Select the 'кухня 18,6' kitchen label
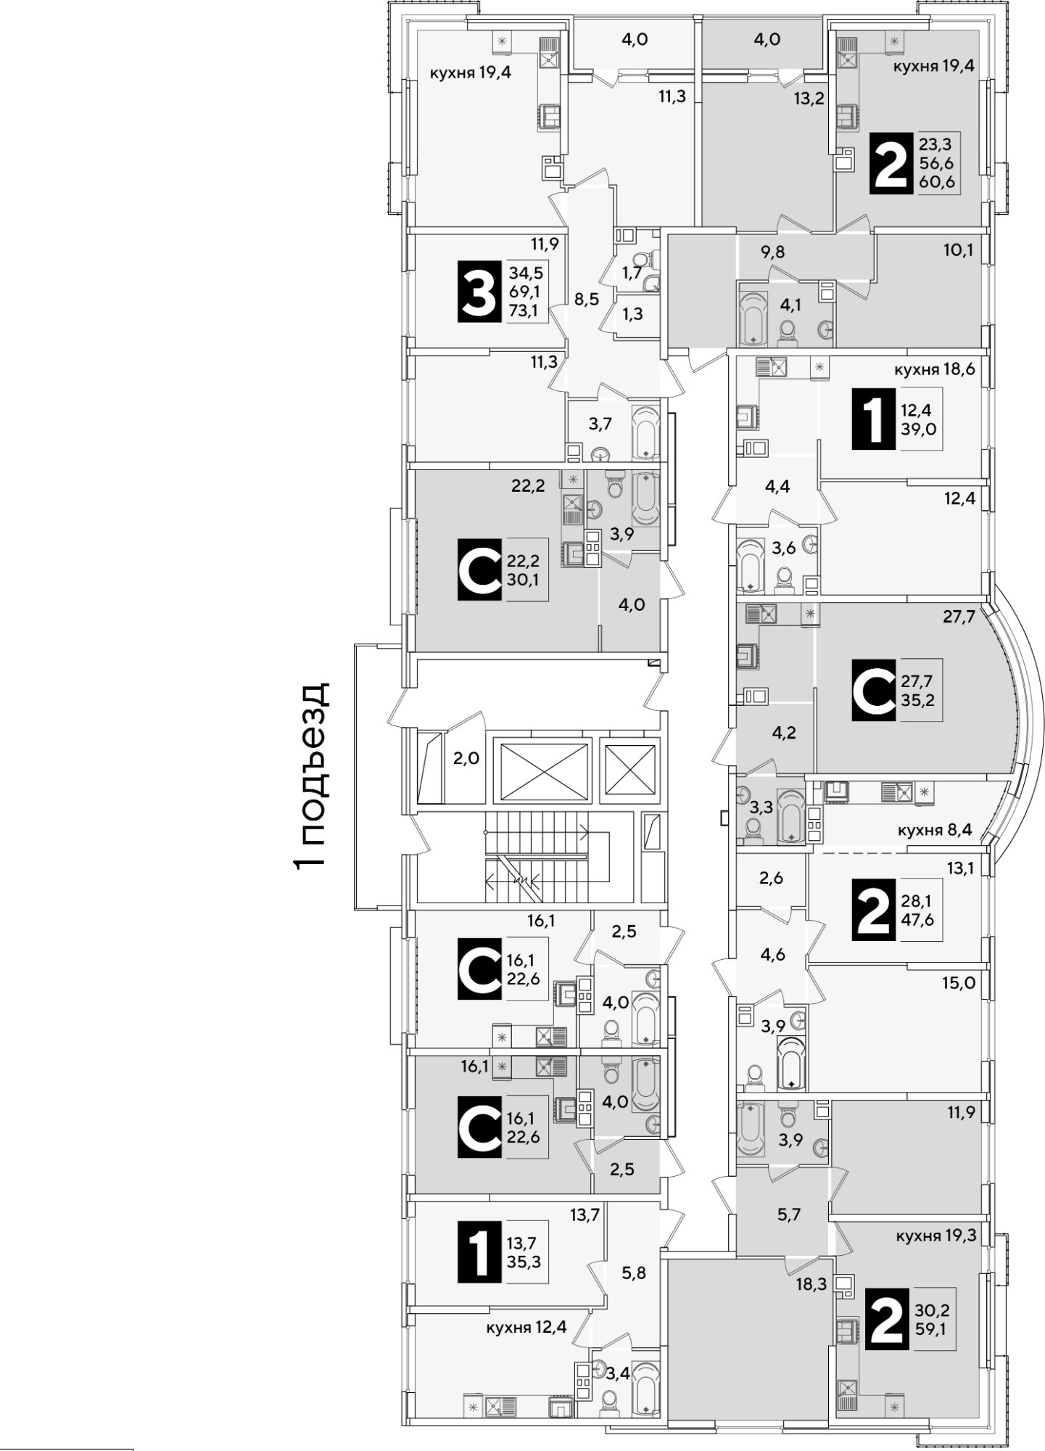coord(934,369)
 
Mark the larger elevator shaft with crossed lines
coord(542,770)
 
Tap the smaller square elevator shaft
coord(629,770)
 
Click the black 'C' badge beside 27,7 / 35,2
coord(874,690)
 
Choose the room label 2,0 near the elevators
coord(466,759)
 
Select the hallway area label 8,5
coord(586,299)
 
